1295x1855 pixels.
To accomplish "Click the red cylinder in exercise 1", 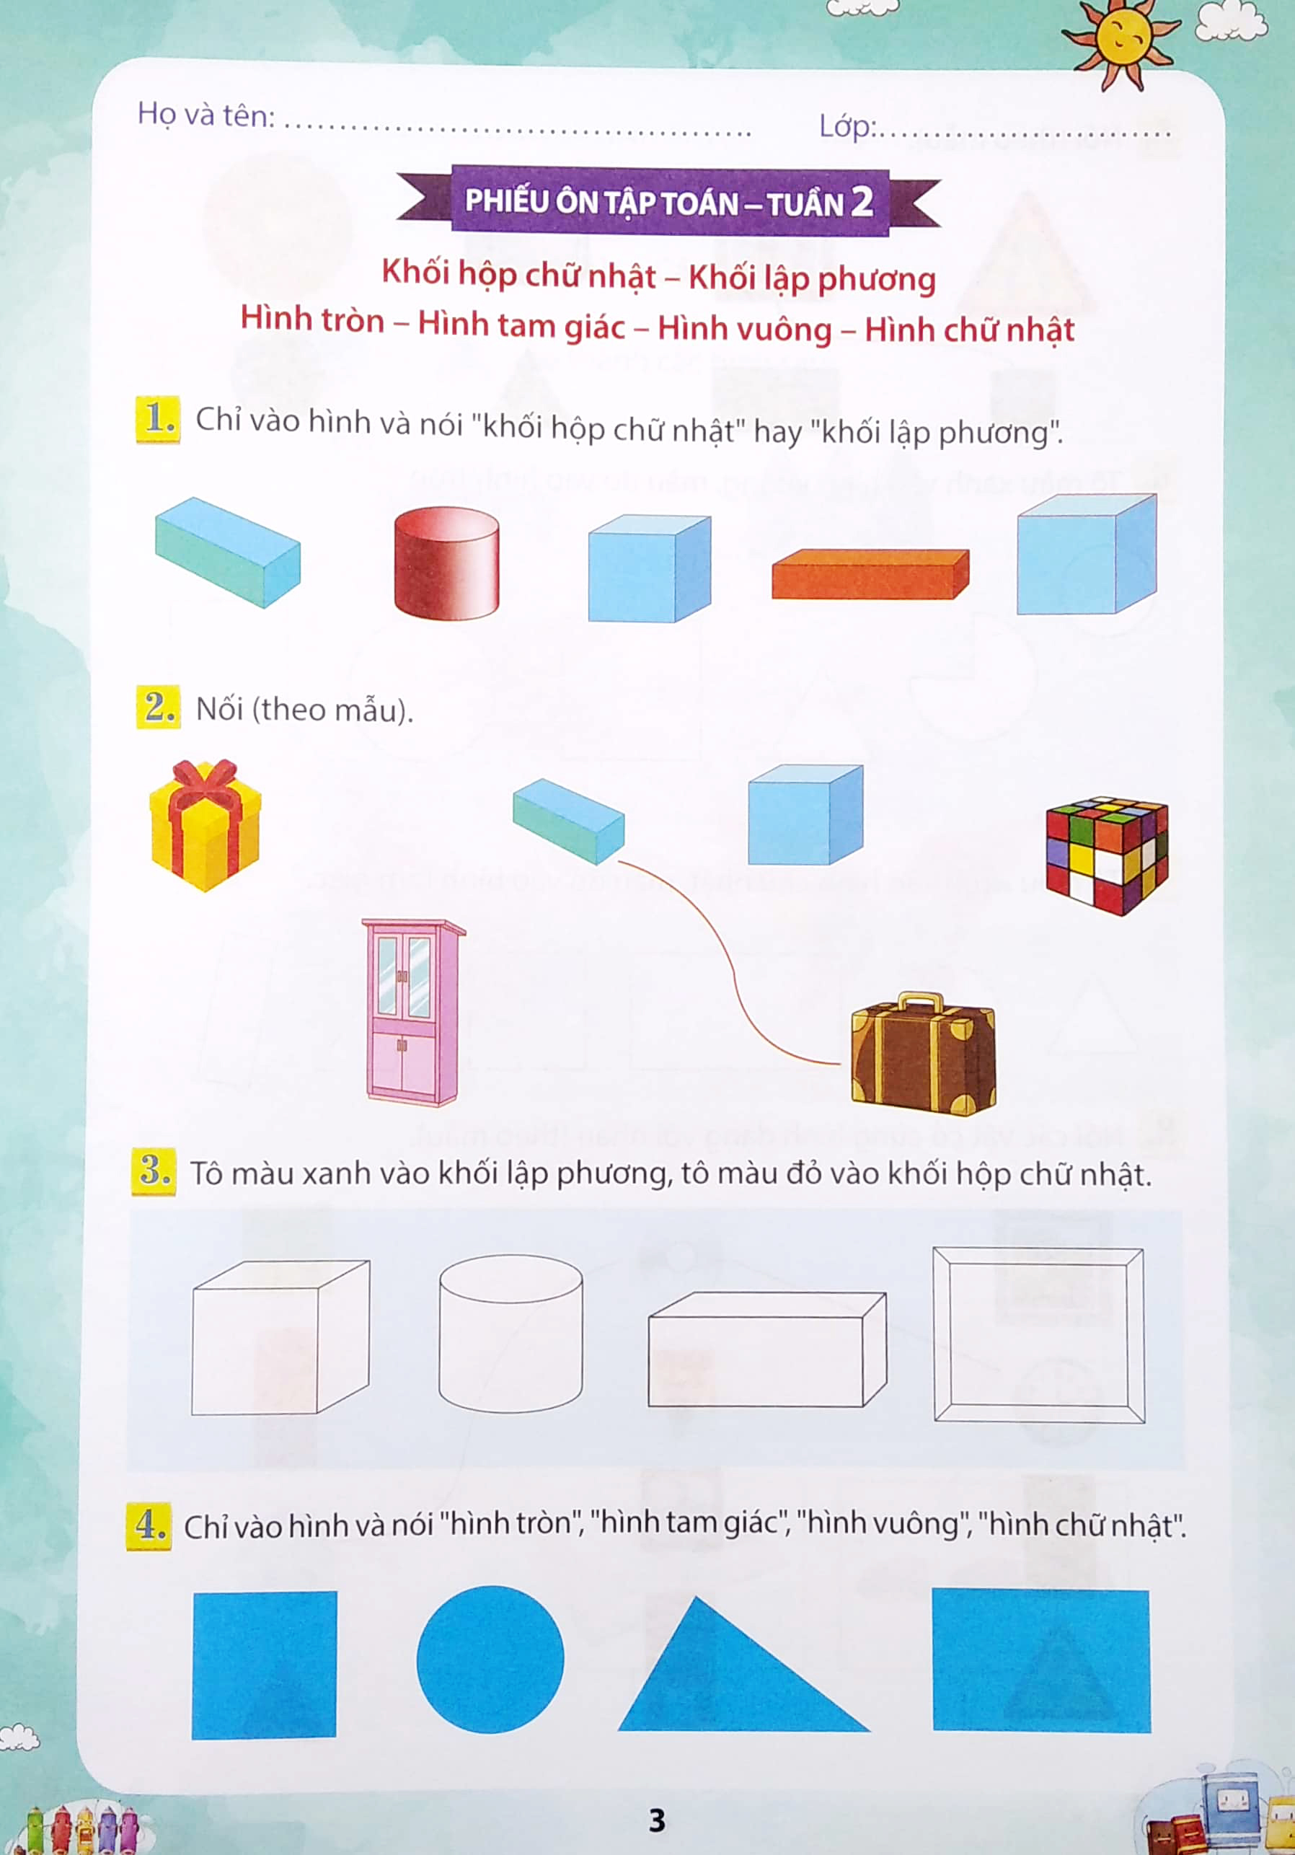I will tap(446, 563).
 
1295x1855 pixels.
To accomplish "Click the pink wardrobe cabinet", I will tap(412, 1012).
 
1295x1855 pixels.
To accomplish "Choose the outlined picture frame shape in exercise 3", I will tap(1038, 1335).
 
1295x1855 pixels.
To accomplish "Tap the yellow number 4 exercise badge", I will tap(149, 1525).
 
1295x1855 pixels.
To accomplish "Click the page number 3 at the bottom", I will tap(657, 1820).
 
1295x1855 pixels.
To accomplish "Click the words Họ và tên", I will tap(206, 115).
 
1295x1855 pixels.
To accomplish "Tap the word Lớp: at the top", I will tap(847, 126).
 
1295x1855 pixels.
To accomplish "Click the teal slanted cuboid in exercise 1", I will tap(228, 552).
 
